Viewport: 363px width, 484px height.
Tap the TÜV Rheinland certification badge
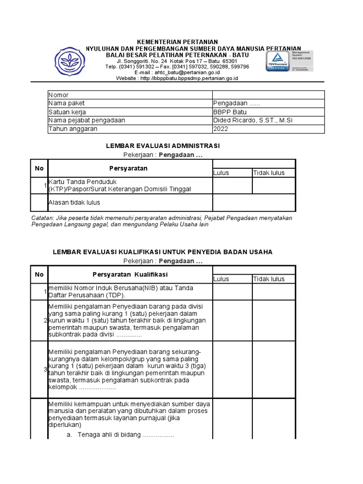pos(279,60)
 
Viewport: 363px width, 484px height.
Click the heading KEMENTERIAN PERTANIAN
pos(178,42)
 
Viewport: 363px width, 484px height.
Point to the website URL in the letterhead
pos(177,78)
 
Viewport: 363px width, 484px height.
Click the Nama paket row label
pos(67,104)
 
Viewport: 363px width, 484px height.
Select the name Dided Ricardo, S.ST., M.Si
pos(253,121)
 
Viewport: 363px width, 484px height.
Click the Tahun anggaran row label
pos(73,129)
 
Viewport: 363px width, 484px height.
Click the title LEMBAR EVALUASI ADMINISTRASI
pos(163,146)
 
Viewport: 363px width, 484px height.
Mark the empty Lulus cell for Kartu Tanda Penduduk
pos(232,186)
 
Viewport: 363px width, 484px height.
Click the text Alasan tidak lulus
pos(74,203)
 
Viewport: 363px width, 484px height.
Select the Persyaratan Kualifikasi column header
pos(130,275)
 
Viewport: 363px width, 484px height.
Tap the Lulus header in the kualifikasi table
pos(221,279)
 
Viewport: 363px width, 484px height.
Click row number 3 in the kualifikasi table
pos(45,369)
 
